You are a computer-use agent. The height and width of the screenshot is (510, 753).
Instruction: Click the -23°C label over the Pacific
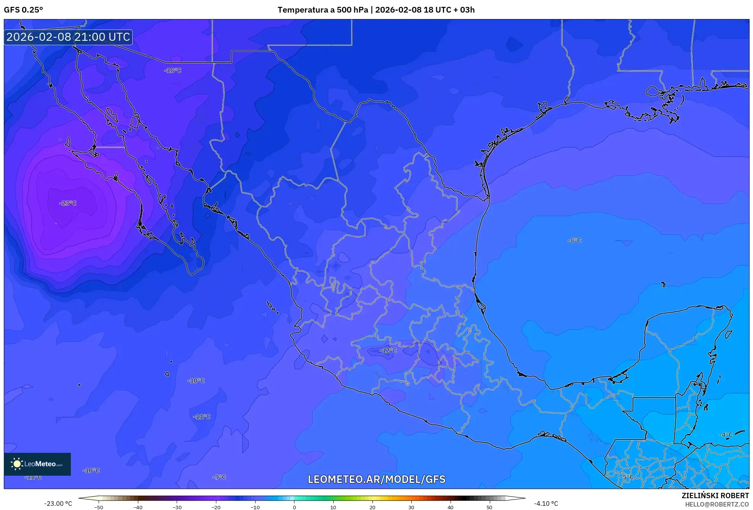[x=68, y=203]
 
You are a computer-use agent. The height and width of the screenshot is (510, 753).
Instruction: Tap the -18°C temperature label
[x=173, y=71]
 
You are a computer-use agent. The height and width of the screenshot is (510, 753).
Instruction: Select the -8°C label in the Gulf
[x=574, y=241]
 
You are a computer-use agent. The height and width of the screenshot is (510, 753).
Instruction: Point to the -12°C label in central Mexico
[x=388, y=351]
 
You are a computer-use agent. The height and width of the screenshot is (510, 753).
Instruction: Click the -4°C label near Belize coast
[x=726, y=435]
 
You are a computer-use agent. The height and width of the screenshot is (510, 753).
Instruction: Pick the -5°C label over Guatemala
[x=627, y=477]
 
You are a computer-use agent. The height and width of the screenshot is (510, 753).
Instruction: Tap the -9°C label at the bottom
[x=219, y=477]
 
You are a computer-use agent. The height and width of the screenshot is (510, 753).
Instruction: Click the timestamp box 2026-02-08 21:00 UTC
[x=68, y=37]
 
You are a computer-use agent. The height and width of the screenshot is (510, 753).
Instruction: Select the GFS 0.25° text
[x=23, y=10]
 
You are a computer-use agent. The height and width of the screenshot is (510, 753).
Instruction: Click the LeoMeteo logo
[x=37, y=464]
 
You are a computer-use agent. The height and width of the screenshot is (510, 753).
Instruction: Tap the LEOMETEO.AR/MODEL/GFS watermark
[x=376, y=480]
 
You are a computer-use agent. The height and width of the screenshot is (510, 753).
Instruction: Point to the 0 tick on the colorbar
[x=294, y=507]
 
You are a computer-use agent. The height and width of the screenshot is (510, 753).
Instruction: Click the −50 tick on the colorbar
[x=99, y=507]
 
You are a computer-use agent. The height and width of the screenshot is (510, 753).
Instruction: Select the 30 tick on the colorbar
[x=411, y=507]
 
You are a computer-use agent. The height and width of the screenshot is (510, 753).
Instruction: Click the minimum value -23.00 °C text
[x=58, y=504]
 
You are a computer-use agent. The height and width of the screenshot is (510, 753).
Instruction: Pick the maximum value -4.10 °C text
[x=546, y=504]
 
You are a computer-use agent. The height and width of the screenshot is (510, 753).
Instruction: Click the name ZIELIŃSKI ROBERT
[x=715, y=496]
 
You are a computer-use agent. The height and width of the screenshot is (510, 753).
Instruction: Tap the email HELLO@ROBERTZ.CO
[x=717, y=504]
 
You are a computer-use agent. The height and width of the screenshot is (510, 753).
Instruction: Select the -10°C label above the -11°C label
[x=196, y=381]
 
